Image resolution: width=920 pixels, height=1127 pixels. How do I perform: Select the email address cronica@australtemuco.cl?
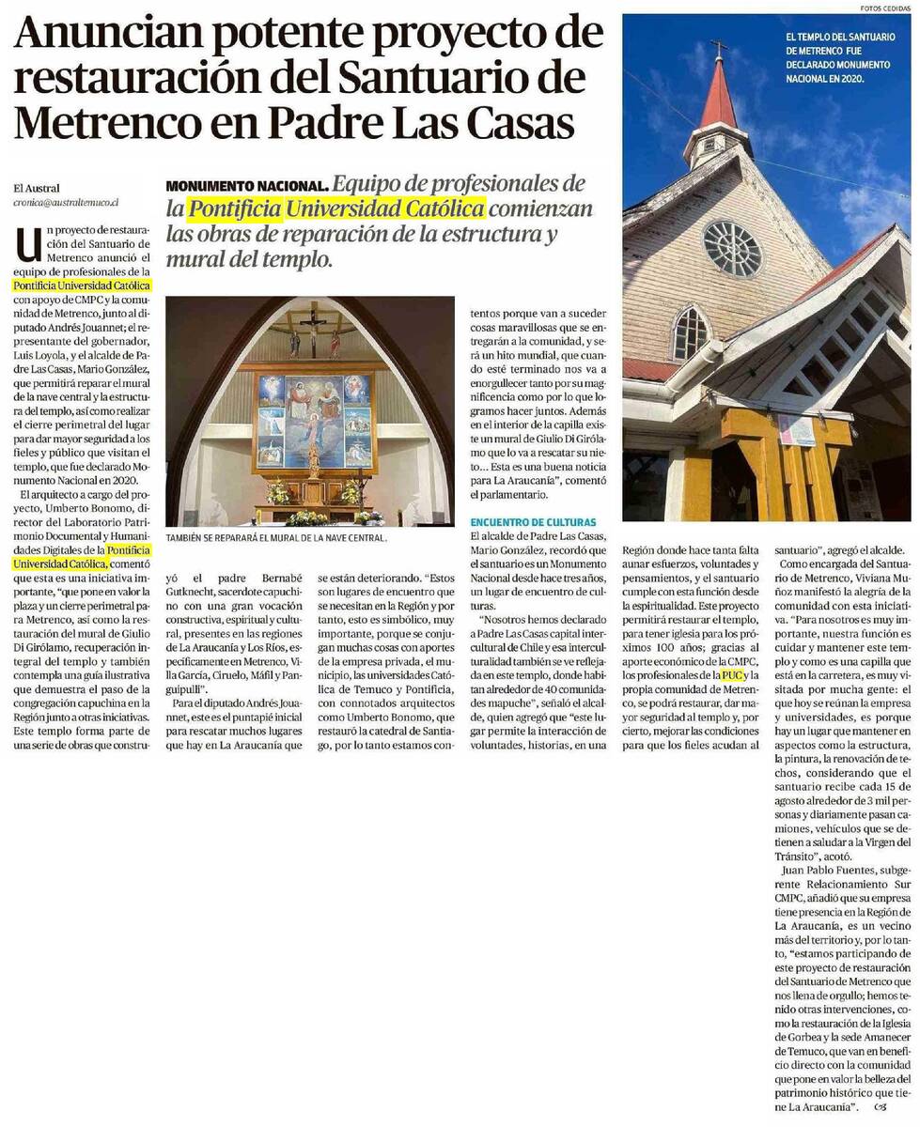[x=65, y=202]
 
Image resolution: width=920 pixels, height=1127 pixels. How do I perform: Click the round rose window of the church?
[x=732, y=248]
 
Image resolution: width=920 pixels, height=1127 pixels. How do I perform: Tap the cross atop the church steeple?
[x=718, y=48]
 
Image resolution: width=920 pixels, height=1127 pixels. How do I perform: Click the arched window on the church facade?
[x=690, y=333]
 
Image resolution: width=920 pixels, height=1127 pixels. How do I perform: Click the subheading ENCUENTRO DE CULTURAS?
[x=533, y=521]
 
